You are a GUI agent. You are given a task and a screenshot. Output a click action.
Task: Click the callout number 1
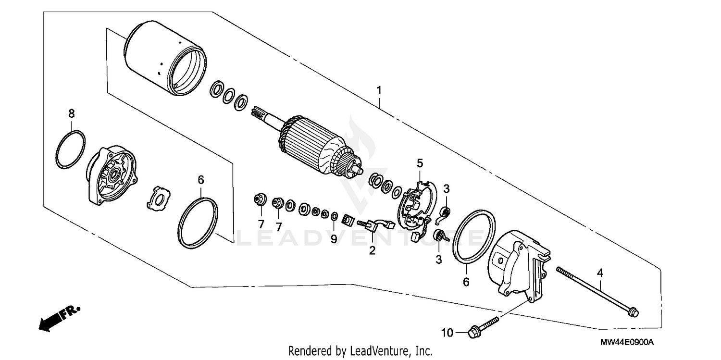point(379,90)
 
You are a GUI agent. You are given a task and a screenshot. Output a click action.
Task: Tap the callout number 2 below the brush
point(372,250)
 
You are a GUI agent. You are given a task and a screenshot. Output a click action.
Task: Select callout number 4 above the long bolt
point(599,273)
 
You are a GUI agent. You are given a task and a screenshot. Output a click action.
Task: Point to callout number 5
point(419,162)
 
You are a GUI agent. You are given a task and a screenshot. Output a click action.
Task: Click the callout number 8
point(71,114)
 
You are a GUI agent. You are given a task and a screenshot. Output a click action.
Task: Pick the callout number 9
point(334,239)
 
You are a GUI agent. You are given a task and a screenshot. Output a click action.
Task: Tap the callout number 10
point(447,333)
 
